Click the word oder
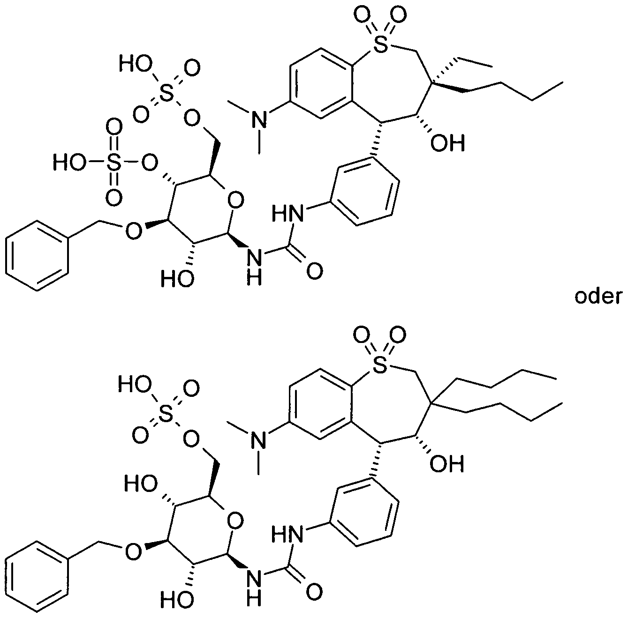coord(598,297)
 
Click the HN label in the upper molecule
coord(288,214)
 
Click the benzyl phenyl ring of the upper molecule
coord(38,255)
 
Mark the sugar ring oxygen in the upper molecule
coord(235,200)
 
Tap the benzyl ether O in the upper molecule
coord(134,231)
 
